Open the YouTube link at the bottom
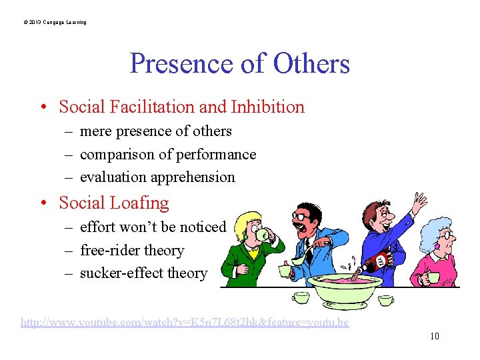[185, 323]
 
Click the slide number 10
[434, 336]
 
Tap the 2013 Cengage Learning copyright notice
[55, 23]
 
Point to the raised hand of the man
[419, 201]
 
